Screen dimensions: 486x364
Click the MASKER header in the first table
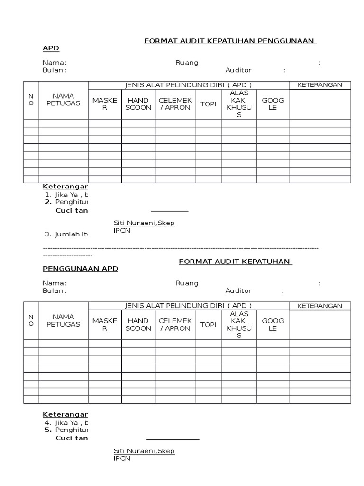(x=105, y=104)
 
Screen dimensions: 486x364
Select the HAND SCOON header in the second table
(x=138, y=325)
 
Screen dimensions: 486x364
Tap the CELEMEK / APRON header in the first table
(x=175, y=104)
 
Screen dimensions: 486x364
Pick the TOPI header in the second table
(x=208, y=325)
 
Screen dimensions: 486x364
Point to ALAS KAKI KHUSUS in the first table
(x=239, y=104)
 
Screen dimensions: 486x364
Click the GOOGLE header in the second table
(x=273, y=325)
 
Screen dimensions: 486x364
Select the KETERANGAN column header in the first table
(x=319, y=85)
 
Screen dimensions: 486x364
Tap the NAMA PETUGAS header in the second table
(x=63, y=320)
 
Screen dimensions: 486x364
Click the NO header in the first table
(x=31, y=100)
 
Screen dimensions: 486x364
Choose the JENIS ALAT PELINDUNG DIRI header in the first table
(x=188, y=85)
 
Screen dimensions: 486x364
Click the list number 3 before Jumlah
(x=48, y=234)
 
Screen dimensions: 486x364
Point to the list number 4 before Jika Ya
(x=48, y=422)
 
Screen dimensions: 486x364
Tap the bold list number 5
(x=48, y=430)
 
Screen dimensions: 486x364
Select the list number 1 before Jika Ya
(x=48, y=195)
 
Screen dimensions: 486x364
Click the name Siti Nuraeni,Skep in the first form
(x=144, y=223)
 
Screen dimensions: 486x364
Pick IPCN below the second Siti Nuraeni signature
(x=122, y=458)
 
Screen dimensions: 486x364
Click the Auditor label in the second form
(x=238, y=290)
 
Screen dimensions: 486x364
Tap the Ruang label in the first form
(x=187, y=63)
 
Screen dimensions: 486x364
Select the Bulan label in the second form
(x=54, y=290)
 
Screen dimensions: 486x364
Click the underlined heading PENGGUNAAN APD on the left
(x=80, y=269)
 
